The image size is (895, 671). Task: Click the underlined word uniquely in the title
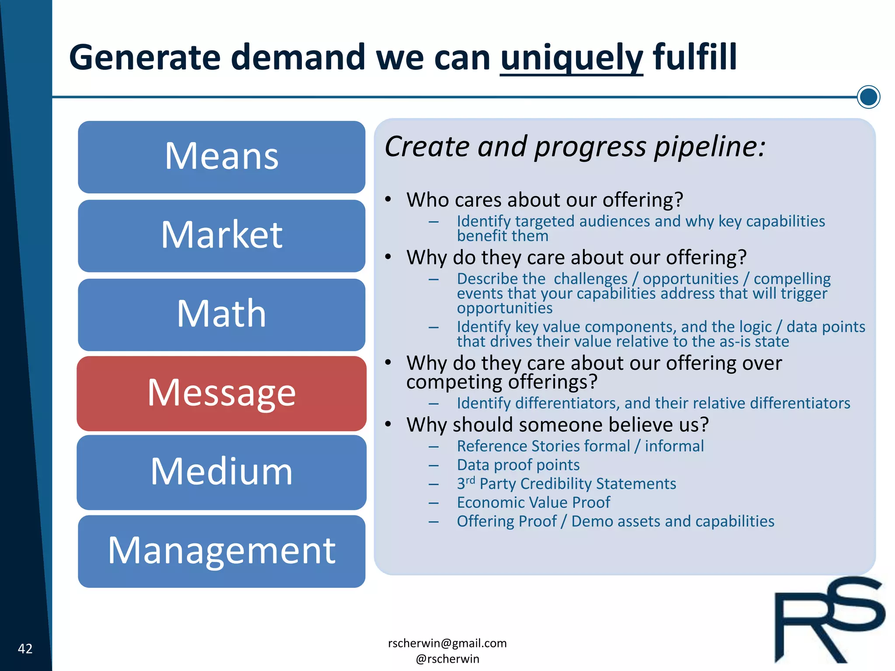[x=571, y=58]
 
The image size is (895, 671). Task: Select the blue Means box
[x=222, y=157]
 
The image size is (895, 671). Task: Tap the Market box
[x=222, y=236]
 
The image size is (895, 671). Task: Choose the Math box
[x=222, y=315]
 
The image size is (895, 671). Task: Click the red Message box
[x=222, y=393]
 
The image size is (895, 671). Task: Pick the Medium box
[x=222, y=472]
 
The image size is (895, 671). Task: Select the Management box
[x=222, y=551]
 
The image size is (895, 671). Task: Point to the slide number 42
[x=25, y=648]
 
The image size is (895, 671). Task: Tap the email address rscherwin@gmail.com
[x=447, y=643]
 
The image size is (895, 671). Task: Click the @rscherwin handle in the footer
[x=447, y=659]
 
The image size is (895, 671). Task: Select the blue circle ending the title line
[x=868, y=97]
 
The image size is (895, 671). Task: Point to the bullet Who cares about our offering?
[x=545, y=200]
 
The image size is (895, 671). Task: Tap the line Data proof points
[x=518, y=465]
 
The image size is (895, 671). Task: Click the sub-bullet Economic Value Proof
[x=533, y=502]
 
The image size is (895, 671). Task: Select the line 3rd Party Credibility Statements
[x=566, y=484]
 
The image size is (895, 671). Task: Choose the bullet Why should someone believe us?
[x=557, y=425]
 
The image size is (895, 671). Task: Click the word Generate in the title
[x=144, y=58]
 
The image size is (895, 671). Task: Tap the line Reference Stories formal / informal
[x=580, y=446]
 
